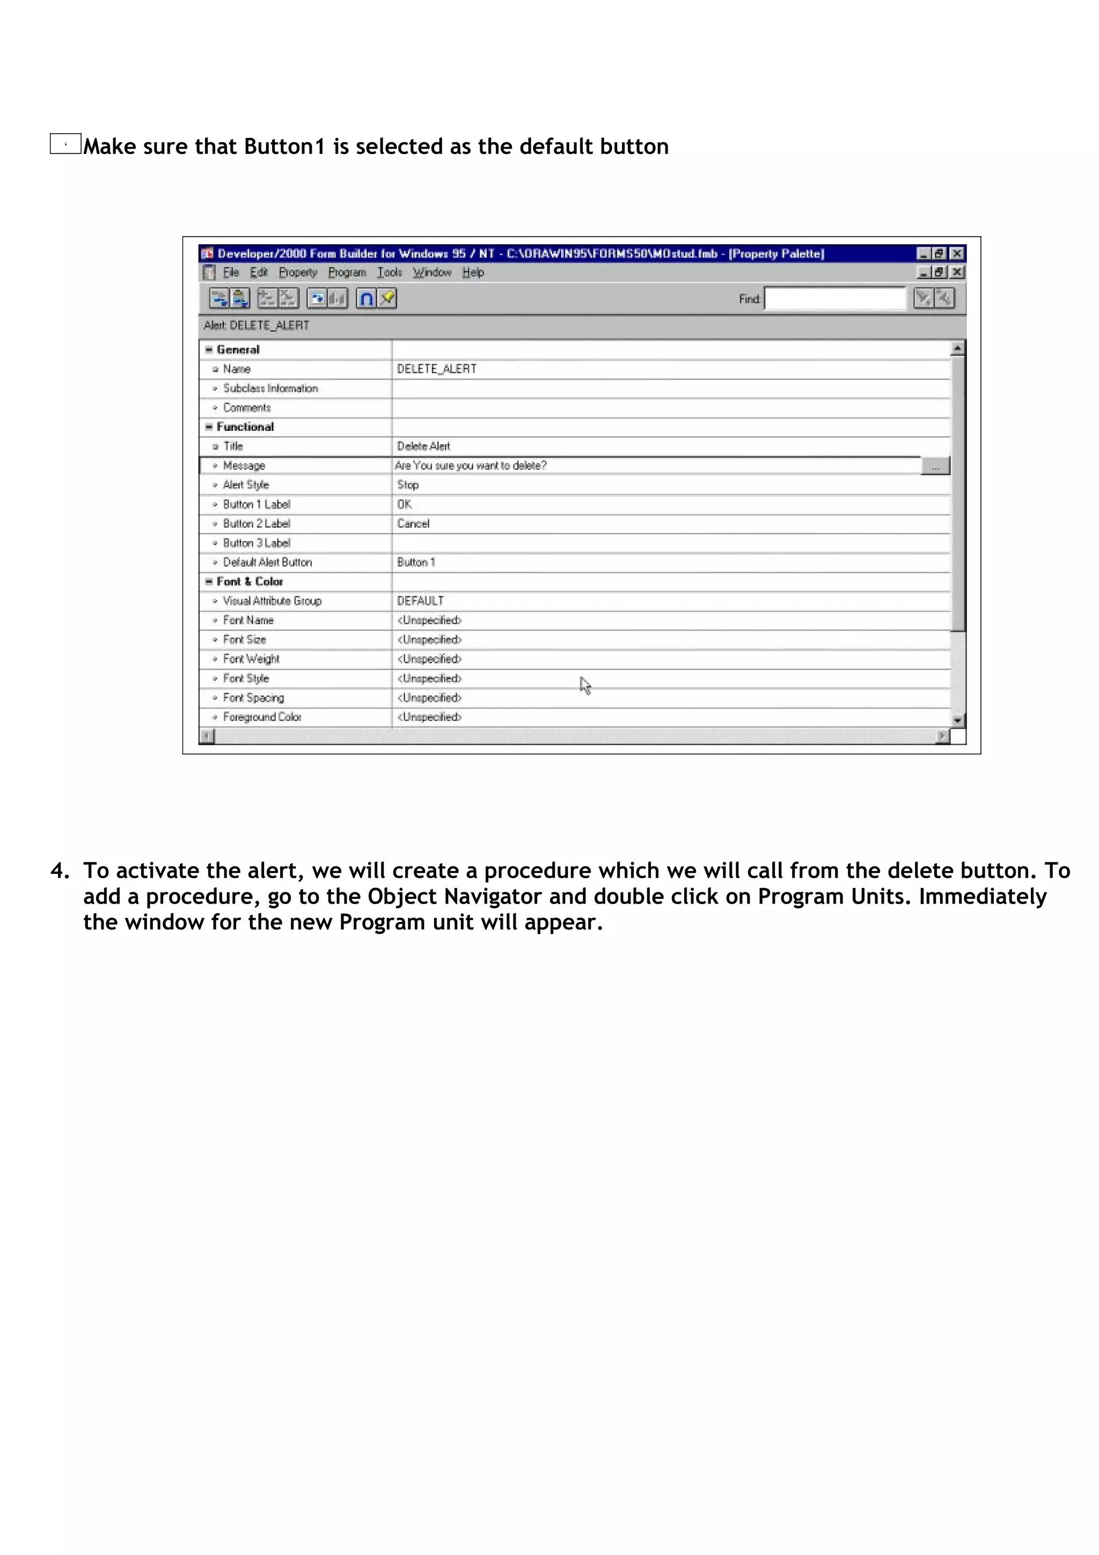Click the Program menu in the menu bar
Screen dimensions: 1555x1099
tap(347, 272)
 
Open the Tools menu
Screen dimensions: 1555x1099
tap(390, 272)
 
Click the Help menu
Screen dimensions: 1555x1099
tap(473, 272)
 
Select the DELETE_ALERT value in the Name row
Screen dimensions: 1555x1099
tap(436, 369)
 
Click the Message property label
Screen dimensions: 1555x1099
tap(244, 466)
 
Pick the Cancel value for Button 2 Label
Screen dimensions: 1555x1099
tap(413, 524)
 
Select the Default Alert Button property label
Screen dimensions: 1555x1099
tap(267, 562)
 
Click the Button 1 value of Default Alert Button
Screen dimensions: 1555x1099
tap(416, 562)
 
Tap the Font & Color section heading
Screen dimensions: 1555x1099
tap(249, 582)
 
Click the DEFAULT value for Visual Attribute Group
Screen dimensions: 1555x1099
tap(420, 601)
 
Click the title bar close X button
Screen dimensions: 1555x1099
tap(957, 254)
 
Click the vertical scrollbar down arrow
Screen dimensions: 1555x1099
tap(957, 721)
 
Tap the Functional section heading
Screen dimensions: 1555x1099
tap(245, 427)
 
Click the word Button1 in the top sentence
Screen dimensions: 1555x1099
tap(284, 146)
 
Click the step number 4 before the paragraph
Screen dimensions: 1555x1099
tap(58, 870)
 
